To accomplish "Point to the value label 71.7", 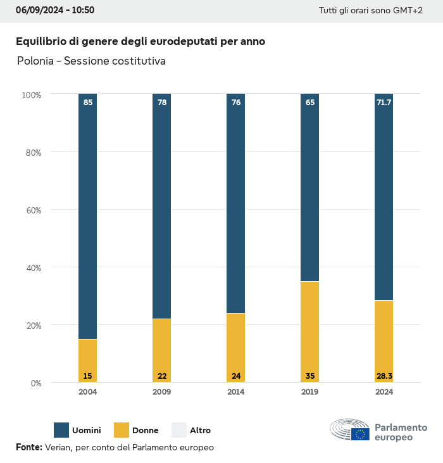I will pos(384,102).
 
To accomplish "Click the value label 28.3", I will pos(384,376).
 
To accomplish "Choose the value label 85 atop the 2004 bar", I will pos(87,102).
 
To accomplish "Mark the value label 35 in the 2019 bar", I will pos(309,376).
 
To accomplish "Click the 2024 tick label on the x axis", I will pos(384,392).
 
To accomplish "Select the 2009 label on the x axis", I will pos(161,392).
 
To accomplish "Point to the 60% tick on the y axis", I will pos(32,210).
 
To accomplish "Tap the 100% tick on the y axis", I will pos(31,95).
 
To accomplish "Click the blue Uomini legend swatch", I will pos(61,430).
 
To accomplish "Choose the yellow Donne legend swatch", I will pos(121,430).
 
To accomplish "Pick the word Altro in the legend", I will pos(201,431).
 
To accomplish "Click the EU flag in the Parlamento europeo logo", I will pos(360,434).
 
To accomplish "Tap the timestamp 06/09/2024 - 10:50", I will pos(55,11).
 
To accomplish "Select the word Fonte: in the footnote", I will pos(29,447).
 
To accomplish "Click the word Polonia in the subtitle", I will pos(35,61).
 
